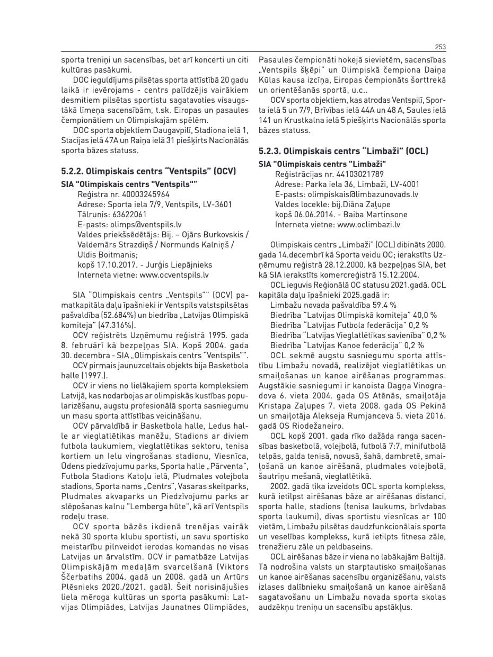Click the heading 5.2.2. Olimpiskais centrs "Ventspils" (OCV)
[x=148, y=171]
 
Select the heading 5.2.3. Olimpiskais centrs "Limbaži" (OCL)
[x=343, y=151]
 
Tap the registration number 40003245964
[x=146, y=194]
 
